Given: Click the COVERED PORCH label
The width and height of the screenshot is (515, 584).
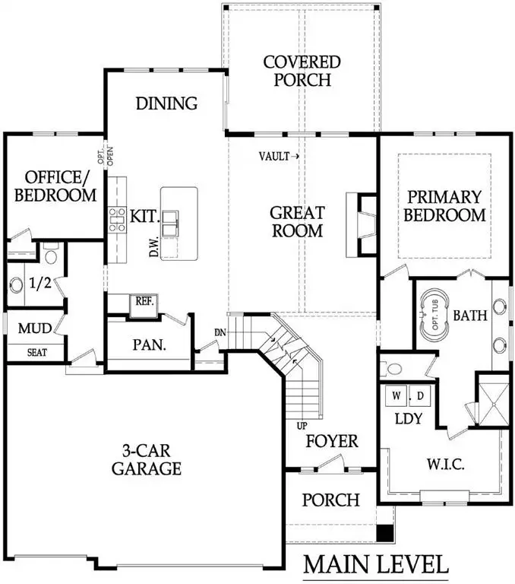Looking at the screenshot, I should pyautogui.click(x=301, y=70).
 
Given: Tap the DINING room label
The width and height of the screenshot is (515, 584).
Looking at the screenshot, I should pyautogui.click(x=166, y=103).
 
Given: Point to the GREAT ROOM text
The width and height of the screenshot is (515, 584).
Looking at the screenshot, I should pyautogui.click(x=299, y=221).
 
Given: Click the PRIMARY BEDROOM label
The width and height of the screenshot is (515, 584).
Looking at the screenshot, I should pyautogui.click(x=444, y=205).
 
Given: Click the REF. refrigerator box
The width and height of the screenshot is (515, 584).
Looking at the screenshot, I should pyautogui.click(x=144, y=301).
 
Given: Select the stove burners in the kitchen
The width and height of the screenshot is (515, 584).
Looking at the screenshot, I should pyautogui.click(x=118, y=219).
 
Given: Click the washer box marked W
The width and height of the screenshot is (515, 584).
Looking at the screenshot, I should pyautogui.click(x=397, y=397).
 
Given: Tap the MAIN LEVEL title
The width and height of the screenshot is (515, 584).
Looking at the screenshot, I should pyautogui.click(x=376, y=564).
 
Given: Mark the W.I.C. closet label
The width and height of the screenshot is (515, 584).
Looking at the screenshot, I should pyautogui.click(x=444, y=463).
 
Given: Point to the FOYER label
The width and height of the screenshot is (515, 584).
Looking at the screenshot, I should pyautogui.click(x=331, y=441).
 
